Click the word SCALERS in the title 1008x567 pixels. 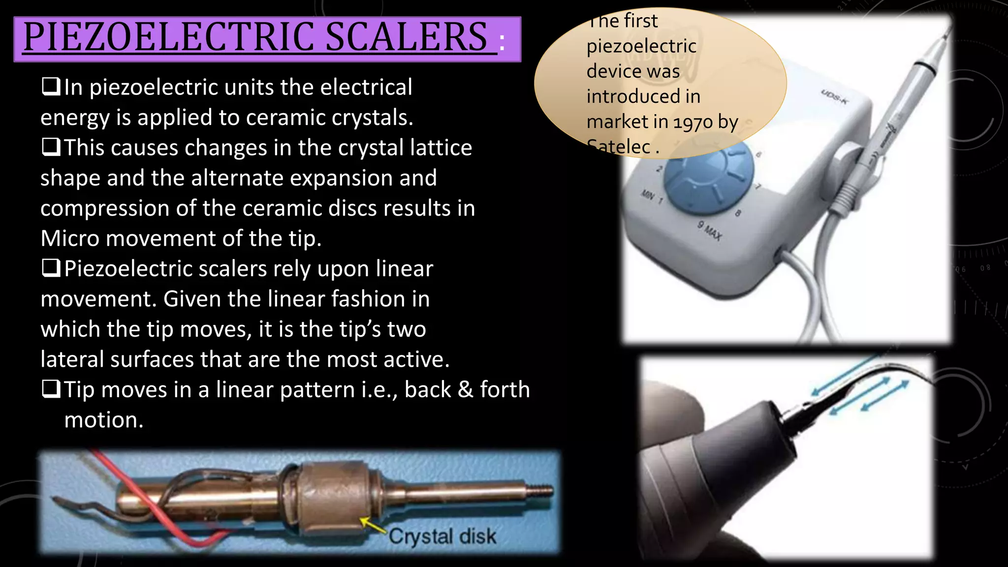pyautogui.click(x=406, y=37)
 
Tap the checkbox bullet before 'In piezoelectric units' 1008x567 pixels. pyautogui.click(x=51, y=87)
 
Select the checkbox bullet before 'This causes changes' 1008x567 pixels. pyautogui.click(x=51, y=147)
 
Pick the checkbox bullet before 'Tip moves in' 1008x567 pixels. pyautogui.click(x=51, y=389)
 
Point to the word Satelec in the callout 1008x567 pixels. pyautogui.click(x=619, y=147)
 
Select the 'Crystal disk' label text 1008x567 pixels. pyautogui.click(x=442, y=536)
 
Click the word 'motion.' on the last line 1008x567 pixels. pyautogui.click(x=104, y=420)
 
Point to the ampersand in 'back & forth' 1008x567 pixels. pyautogui.click(x=465, y=390)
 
